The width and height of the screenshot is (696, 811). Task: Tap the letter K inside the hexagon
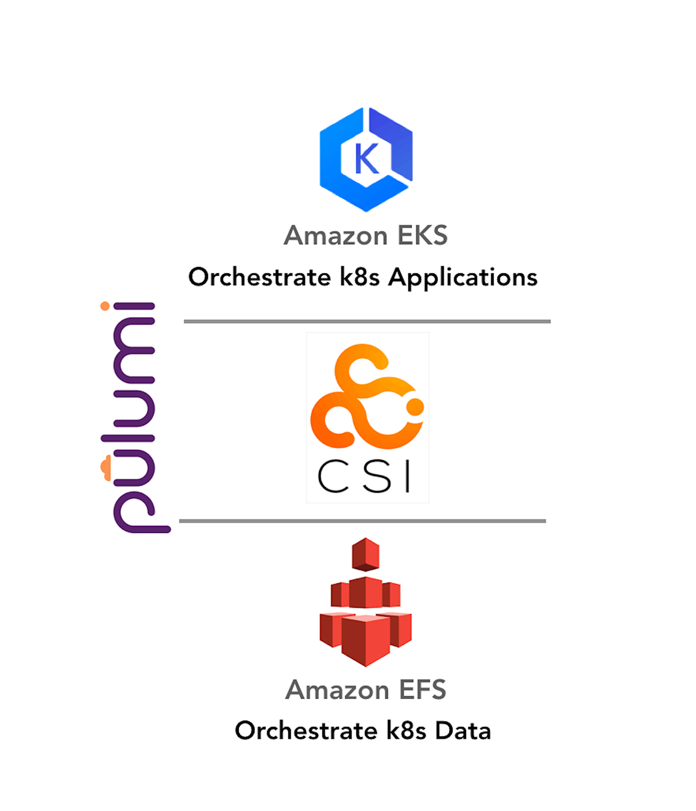[x=367, y=159]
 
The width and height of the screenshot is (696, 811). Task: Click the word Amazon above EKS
[x=336, y=236]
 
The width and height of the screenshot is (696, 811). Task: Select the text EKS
[x=423, y=236]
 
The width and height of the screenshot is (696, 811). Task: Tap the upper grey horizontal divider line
[x=367, y=321]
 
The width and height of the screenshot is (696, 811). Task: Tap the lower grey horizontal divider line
[x=362, y=521]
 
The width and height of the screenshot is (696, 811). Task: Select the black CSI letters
[x=365, y=477]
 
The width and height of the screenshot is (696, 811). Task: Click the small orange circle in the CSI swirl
[x=415, y=407]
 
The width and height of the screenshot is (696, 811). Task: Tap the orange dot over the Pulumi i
[x=105, y=306]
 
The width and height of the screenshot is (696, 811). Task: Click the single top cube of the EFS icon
[x=365, y=554]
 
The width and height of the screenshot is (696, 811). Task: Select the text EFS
[x=422, y=690]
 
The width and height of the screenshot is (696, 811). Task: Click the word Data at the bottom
[x=463, y=730]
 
